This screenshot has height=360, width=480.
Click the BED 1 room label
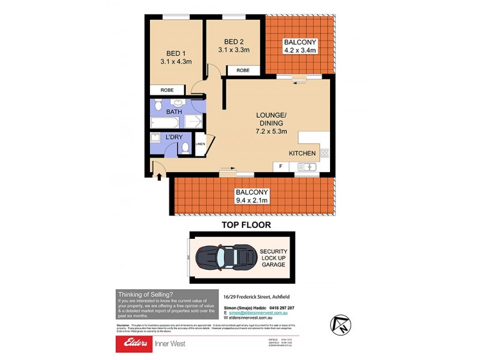pos(175,52)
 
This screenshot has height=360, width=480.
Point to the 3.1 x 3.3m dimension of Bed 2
pos(233,50)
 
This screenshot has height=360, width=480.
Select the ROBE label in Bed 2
pos(243,71)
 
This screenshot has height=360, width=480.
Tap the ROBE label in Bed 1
pos(167,90)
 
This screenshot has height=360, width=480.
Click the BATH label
pos(174,112)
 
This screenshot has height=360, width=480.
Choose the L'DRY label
pos(174,137)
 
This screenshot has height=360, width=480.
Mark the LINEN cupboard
pos(200,144)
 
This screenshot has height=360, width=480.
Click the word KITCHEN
pos(302,154)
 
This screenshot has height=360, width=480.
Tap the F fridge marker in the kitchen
pos(280,166)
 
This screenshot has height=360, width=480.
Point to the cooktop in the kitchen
pos(325,153)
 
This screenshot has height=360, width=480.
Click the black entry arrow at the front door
pos(159,176)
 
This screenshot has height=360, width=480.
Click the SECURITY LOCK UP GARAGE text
pos(274,258)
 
